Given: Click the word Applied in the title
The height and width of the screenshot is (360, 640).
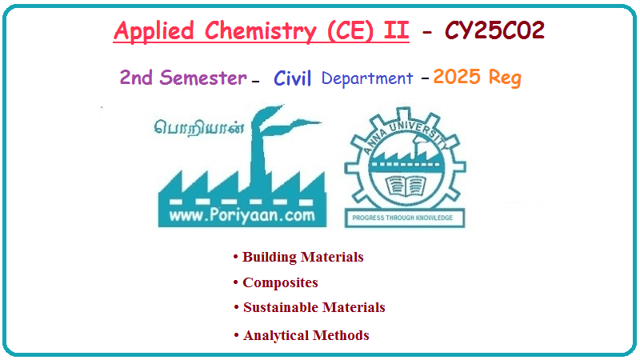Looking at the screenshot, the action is (154, 31).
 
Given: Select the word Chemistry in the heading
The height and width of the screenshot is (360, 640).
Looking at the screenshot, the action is (261, 31).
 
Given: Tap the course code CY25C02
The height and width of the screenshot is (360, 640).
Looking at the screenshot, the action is (494, 30).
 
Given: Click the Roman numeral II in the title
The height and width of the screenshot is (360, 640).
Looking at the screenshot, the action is (396, 30).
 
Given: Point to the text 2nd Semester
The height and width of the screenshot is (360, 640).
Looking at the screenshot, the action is (183, 77).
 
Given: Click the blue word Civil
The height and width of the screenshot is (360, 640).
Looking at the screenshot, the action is (292, 78).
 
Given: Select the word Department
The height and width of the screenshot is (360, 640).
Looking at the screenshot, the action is (367, 78).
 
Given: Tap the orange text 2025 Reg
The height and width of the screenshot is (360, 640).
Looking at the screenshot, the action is (477, 77).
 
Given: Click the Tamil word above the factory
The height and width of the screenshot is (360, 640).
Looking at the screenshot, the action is (198, 128).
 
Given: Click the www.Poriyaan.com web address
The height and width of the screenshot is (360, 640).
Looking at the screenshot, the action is (242, 215).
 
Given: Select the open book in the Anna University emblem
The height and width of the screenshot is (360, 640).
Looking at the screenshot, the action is (405, 186).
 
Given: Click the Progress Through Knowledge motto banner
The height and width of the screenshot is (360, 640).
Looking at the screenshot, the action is (404, 218).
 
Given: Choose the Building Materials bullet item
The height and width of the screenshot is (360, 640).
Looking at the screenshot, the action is (298, 257).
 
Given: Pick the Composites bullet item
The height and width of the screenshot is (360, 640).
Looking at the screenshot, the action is (275, 282).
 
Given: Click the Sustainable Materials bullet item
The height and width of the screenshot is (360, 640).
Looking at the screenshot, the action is (310, 307).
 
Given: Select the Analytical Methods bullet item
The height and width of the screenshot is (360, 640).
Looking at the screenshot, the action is (302, 335).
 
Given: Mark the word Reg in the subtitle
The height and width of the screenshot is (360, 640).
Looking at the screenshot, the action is (505, 78).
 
